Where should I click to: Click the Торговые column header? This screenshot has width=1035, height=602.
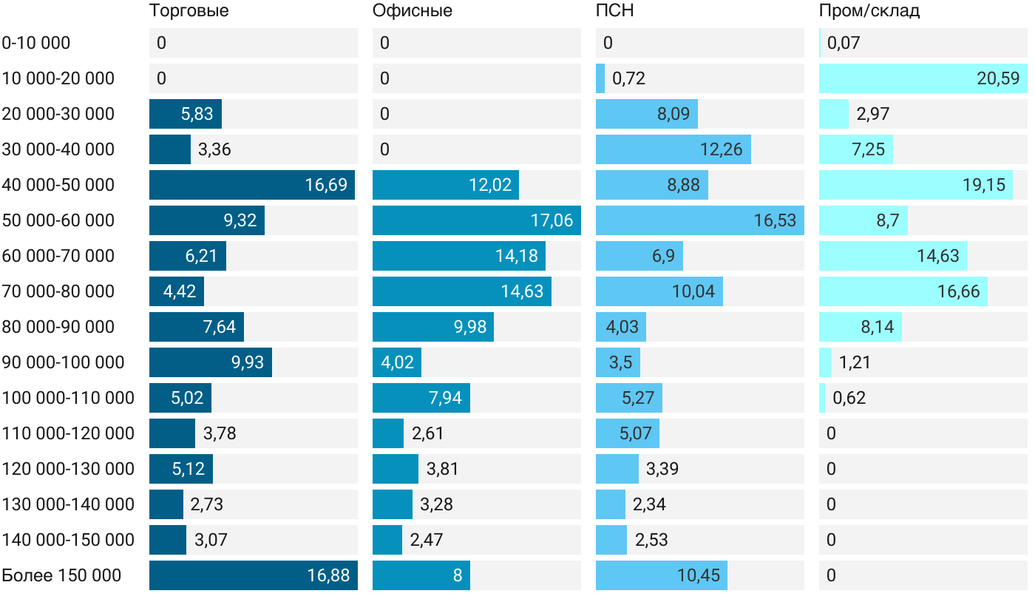tap(189, 10)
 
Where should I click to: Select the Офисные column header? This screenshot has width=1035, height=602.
tap(412, 10)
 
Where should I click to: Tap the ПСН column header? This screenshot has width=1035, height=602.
tap(615, 10)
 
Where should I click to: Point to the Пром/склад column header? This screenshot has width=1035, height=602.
tap(869, 10)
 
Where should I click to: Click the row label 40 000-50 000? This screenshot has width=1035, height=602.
tap(58, 185)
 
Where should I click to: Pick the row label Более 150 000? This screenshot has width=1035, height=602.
tap(61, 575)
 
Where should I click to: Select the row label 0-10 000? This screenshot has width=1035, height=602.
tap(36, 43)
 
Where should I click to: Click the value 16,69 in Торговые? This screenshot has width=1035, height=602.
tap(326, 185)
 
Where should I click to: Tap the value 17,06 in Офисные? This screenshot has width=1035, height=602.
tap(552, 220)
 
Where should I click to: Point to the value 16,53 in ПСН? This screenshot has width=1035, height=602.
tap(775, 220)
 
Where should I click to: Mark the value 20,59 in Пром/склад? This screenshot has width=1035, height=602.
tap(998, 78)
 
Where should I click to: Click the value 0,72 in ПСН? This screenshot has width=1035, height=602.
tap(628, 78)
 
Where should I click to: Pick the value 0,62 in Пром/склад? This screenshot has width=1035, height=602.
tap(849, 398)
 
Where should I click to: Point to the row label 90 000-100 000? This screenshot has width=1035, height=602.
tap(63, 362)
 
